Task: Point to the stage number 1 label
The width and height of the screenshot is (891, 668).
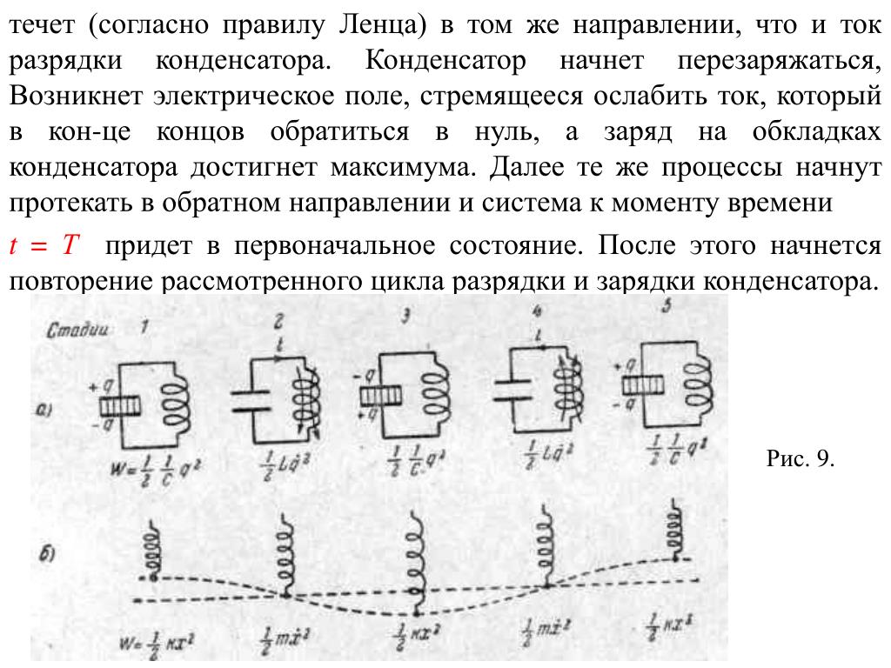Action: [144, 326]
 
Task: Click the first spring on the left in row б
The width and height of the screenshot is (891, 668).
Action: [154, 550]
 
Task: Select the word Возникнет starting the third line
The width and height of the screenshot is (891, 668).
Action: [71, 97]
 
